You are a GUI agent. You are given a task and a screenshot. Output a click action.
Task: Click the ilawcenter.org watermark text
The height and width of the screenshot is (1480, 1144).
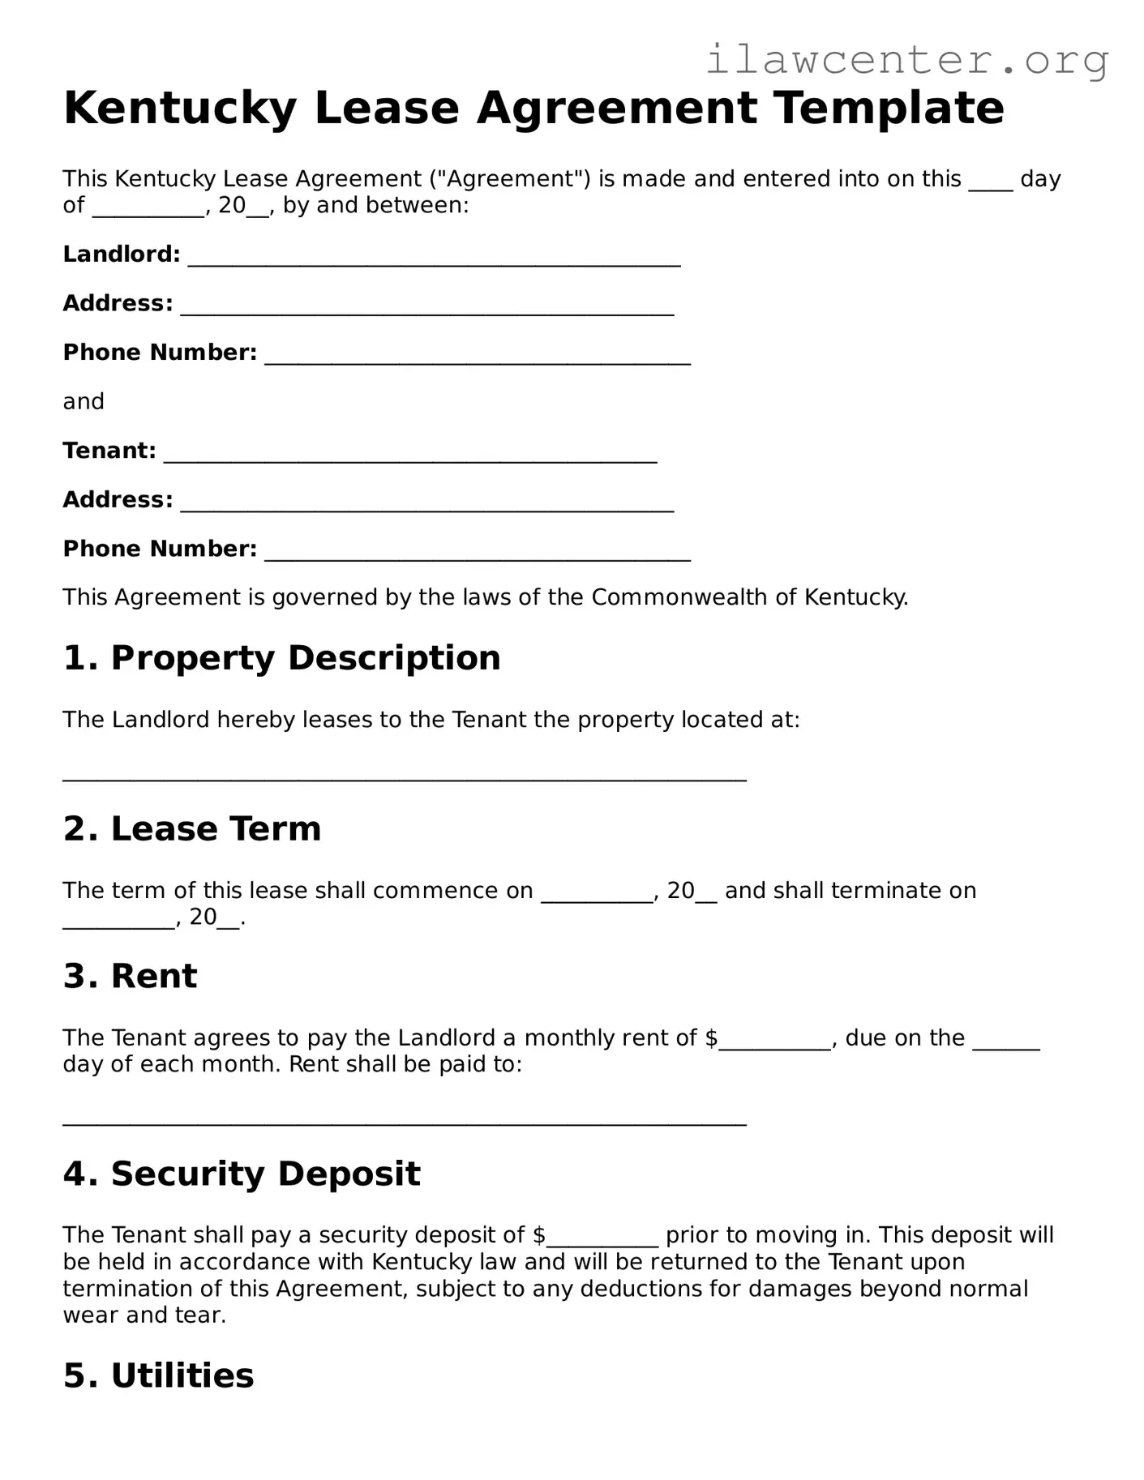[x=906, y=60]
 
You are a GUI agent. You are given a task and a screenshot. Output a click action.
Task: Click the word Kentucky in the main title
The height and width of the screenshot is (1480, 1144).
[x=179, y=109]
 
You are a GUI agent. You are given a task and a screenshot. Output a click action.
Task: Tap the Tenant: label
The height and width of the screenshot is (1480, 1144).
[x=109, y=451]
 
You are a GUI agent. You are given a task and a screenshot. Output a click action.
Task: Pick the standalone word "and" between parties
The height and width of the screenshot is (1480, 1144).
[x=84, y=402]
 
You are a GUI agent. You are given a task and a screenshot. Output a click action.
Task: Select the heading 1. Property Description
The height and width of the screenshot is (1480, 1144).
[x=281, y=658]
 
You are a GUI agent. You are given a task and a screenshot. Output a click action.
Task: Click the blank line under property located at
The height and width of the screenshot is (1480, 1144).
[x=404, y=776]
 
